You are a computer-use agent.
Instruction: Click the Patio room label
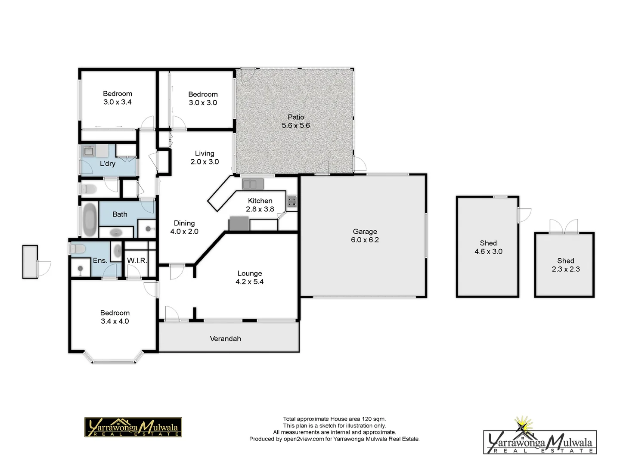(x=296, y=117)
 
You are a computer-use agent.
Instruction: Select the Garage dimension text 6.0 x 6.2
(x=365, y=240)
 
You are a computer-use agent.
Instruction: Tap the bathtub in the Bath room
(x=90, y=220)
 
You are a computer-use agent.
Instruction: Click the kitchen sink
(x=252, y=184)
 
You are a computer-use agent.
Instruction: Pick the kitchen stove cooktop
(x=291, y=201)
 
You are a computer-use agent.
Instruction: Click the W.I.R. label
(x=137, y=260)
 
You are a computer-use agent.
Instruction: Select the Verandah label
(x=225, y=339)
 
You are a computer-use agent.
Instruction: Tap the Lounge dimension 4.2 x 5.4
(x=249, y=282)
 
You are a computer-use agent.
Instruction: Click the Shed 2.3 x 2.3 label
(x=565, y=261)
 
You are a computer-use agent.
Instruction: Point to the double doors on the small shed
(x=564, y=226)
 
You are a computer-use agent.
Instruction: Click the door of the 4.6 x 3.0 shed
(x=524, y=214)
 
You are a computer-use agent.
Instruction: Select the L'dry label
(x=107, y=164)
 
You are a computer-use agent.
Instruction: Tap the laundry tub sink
(x=89, y=151)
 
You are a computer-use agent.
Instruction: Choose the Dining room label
(x=184, y=223)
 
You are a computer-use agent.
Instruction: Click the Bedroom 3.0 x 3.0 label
(x=203, y=94)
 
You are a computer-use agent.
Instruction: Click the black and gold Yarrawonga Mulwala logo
(x=133, y=427)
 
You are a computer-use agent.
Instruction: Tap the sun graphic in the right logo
(x=523, y=424)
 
